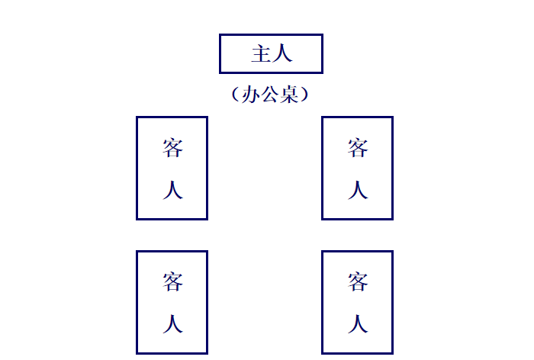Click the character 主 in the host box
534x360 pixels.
point(261,54)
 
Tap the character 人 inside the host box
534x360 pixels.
point(282,54)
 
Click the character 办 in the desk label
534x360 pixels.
point(251,95)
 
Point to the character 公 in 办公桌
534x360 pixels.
point(270,95)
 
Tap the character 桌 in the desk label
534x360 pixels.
point(289,95)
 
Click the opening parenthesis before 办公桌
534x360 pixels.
point(234,95)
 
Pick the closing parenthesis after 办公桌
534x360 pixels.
point(306,95)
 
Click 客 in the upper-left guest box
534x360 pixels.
point(172,148)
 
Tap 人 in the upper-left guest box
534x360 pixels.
point(172,190)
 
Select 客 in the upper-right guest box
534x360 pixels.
point(358,148)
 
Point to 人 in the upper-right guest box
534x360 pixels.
point(358,190)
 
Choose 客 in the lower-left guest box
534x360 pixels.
point(172,282)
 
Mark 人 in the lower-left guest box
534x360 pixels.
point(172,324)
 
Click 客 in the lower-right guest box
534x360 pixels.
point(358,282)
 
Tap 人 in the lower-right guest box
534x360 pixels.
point(358,324)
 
